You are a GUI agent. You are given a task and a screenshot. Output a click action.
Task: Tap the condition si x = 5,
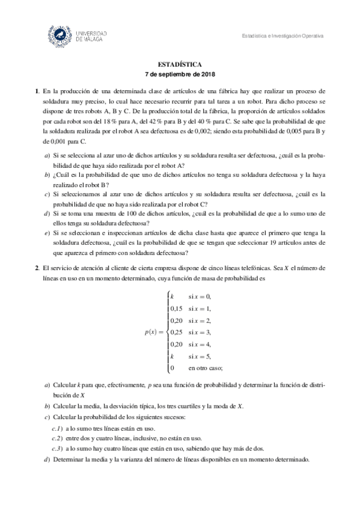point(200,355)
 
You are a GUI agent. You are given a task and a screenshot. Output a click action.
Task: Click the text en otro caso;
point(205,367)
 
